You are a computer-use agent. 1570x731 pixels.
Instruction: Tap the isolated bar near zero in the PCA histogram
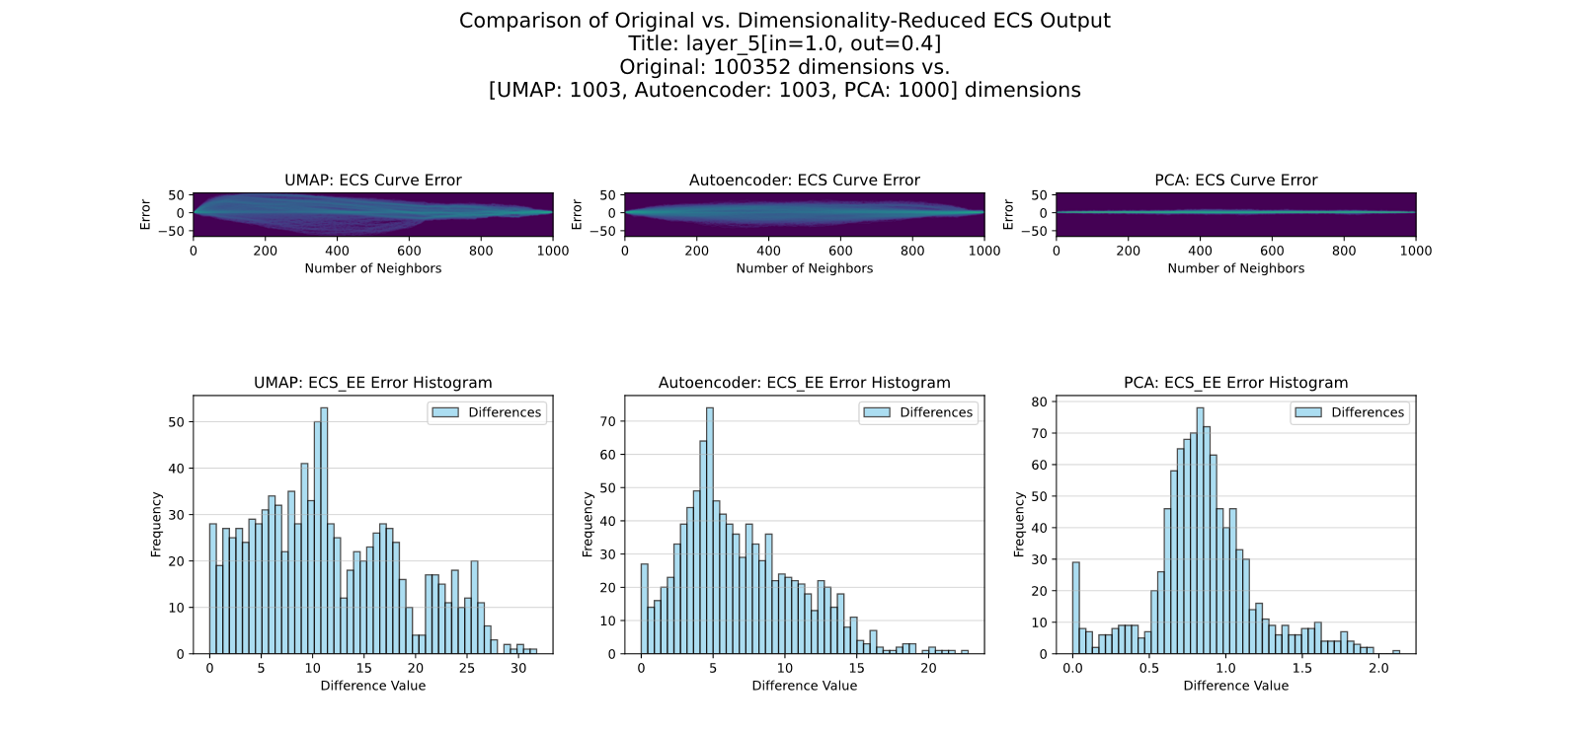[x=1076, y=608]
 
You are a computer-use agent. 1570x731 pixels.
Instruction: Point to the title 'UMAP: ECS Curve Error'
[x=373, y=181]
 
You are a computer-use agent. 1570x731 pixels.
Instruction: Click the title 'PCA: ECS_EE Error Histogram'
[x=1235, y=383]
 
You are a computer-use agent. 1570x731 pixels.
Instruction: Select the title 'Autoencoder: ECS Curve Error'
[x=804, y=181]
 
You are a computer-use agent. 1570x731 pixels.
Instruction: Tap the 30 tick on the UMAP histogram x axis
[x=518, y=669]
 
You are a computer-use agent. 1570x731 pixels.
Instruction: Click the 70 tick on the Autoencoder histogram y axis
[x=609, y=421]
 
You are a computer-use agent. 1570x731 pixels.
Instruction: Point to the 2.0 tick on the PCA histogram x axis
[x=1378, y=669]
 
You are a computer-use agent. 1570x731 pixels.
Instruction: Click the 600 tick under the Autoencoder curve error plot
[x=840, y=251]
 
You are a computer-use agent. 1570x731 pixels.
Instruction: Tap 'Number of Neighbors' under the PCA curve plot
[x=1235, y=268]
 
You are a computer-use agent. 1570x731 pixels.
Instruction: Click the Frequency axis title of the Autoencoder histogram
[x=588, y=525]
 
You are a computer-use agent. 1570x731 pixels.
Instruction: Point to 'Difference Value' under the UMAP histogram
[x=373, y=686]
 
